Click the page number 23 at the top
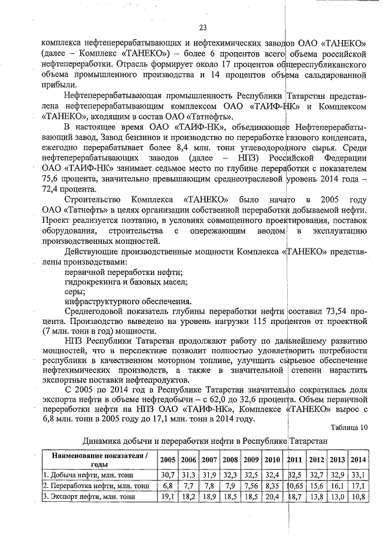[x=202, y=28]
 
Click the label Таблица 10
[x=349, y=427]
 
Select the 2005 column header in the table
[x=168, y=459]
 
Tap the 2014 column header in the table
[x=358, y=459]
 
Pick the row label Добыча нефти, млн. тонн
[x=76, y=474]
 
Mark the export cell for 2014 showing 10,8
[x=358, y=496]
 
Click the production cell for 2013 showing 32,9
[x=337, y=474]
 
